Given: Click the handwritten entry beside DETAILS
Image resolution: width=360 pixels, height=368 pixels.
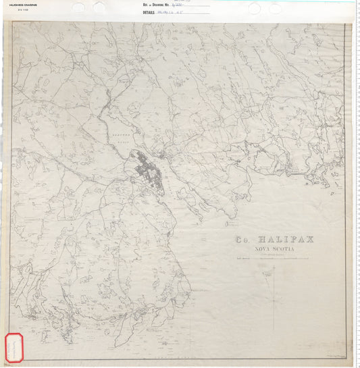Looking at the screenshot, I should tap(172, 12).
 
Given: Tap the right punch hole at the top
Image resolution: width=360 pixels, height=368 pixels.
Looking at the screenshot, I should tap(254, 8).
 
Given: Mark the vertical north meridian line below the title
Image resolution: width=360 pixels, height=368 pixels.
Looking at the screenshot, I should tap(274, 297).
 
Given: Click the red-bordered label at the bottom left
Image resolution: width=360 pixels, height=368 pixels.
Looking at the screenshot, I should tap(15, 348).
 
